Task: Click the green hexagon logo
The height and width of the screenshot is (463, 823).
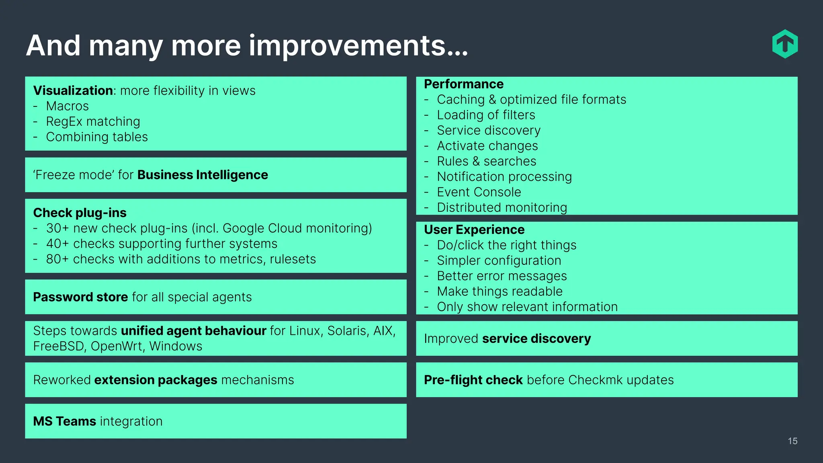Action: (x=785, y=44)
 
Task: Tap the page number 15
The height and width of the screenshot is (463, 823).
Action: (x=792, y=441)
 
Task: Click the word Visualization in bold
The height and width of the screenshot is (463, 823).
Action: (x=73, y=90)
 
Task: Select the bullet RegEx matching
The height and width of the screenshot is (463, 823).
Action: (x=93, y=121)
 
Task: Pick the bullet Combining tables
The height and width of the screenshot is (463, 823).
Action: (x=97, y=137)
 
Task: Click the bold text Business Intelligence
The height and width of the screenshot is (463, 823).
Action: (x=203, y=175)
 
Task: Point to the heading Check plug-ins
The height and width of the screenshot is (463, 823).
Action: (x=80, y=213)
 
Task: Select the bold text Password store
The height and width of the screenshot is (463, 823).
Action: (x=80, y=297)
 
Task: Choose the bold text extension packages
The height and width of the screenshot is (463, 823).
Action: (x=156, y=380)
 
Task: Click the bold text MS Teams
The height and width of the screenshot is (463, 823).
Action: (x=64, y=421)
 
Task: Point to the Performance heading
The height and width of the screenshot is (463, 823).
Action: (x=463, y=84)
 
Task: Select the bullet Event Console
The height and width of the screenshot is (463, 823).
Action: (x=479, y=192)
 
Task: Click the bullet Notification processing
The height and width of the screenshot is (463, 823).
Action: (x=504, y=177)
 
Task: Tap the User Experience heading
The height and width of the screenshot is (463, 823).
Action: (x=474, y=229)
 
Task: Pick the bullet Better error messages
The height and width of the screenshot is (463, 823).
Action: (x=502, y=276)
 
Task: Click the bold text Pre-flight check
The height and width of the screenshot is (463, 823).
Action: (x=473, y=380)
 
